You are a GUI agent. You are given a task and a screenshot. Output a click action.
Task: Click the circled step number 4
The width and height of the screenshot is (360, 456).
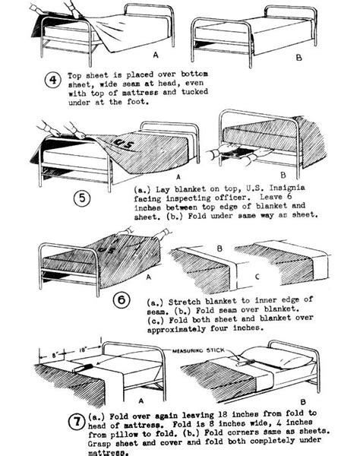tap(53, 80)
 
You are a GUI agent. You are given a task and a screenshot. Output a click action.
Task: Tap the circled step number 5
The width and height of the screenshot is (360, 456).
tap(82, 198)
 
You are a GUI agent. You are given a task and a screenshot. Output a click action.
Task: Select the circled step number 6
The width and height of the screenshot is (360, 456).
tap(122, 300)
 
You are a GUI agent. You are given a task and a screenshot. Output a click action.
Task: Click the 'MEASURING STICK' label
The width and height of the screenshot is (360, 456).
tap(198, 350)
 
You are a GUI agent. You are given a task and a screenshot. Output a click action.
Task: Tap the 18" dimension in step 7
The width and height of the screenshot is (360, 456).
tap(83, 350)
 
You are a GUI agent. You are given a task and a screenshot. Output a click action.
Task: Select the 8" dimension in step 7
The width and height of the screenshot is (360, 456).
tap(55, 355)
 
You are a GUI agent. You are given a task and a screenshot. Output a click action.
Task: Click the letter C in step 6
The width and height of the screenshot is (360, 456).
tap(257, 277)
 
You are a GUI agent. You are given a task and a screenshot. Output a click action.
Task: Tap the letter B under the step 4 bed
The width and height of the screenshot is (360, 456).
tap(298, 58)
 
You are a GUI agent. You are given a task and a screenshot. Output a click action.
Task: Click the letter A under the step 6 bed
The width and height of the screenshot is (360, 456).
tap(149, 277)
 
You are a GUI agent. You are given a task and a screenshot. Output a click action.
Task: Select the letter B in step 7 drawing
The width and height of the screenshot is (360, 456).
tap(303, 402)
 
